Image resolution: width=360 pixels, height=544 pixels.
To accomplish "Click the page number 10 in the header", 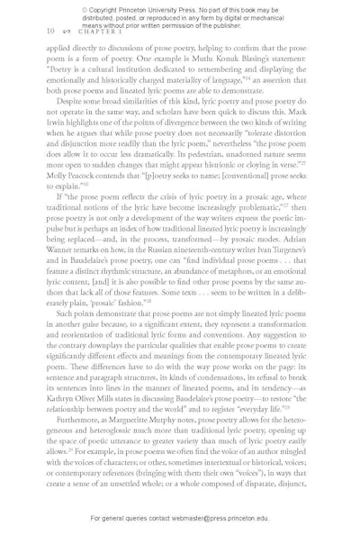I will (x=49, y=31).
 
